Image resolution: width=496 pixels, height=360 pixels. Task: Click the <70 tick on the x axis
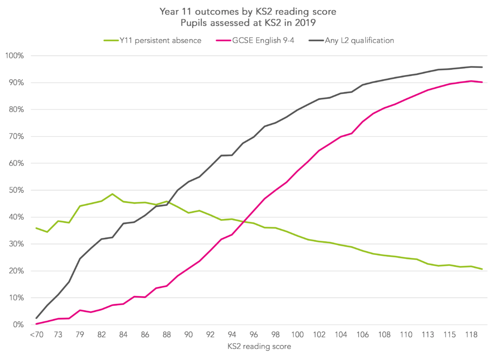(36, 334)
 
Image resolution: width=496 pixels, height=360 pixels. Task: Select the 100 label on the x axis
(297, 334)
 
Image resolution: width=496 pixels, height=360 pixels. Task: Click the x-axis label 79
(80, 334)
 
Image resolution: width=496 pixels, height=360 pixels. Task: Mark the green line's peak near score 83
(112, 194)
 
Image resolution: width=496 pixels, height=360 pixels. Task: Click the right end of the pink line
(482, 82)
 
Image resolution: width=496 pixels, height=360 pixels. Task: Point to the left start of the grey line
(36, 318)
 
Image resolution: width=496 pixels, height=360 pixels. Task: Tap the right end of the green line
(482, 269)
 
